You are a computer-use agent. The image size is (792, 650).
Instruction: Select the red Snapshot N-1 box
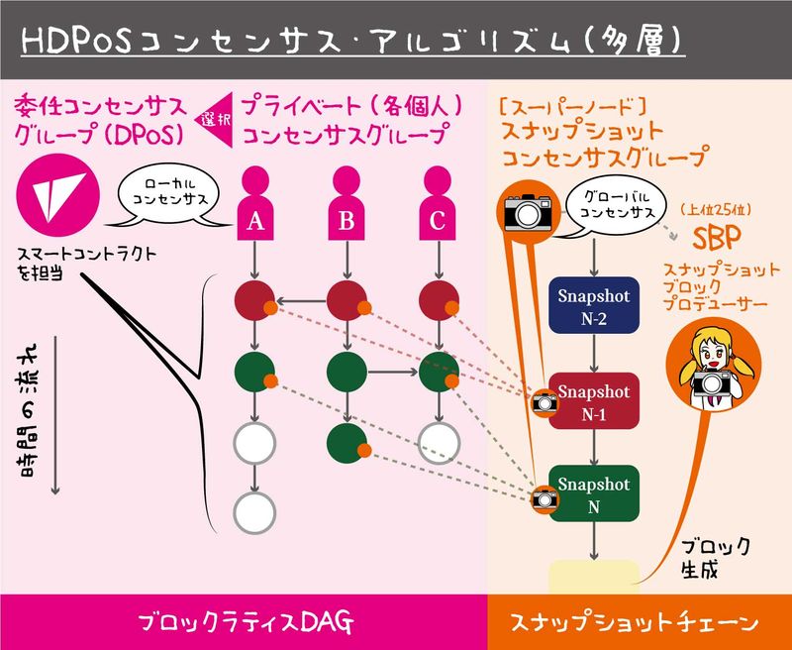pyautogui.click(x=593, y=399)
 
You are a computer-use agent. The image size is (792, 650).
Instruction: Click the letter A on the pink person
pyautogui.click(x=254, y=223)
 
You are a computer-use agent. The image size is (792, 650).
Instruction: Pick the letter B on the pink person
pyautogui.click(x=346, y=223)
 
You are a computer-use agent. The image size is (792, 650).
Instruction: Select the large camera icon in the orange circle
pyautogui.click(x=525, y=210)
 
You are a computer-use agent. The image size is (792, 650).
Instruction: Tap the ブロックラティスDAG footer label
pyautogui.click(x=244, y=622)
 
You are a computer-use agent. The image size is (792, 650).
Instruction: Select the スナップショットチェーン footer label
pyautogui.click(x=638, y=622)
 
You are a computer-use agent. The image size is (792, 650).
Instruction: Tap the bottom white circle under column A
pyautogui.click(x=254, y=511)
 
